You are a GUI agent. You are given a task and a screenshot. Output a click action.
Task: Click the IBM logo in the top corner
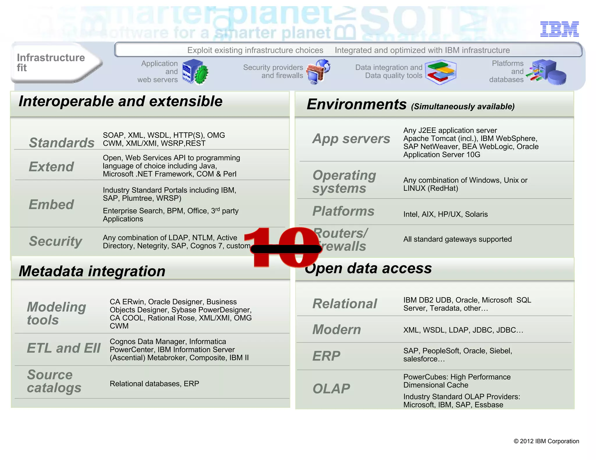(559, 29)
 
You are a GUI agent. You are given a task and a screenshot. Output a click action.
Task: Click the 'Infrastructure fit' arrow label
(51, 63)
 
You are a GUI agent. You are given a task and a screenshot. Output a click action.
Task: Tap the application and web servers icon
(195, 72)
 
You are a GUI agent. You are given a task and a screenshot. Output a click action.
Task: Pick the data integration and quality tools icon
(441, 72)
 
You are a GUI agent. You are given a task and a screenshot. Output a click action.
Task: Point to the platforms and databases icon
(548, 72)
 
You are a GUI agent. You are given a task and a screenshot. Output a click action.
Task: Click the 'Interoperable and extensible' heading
(120, 101)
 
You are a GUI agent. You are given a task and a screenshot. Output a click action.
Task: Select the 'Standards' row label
(62, 142)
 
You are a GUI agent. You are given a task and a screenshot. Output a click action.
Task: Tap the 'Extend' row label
(51, 167)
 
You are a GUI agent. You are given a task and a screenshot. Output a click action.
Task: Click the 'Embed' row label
(51, 204)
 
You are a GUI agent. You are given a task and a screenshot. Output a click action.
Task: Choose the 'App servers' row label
(351, 139)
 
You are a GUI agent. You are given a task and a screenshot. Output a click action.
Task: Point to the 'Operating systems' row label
(344, 182)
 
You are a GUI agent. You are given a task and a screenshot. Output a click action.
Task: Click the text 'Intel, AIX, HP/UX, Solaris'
(445, 214)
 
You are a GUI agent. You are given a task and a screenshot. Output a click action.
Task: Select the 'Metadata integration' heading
(92, 271)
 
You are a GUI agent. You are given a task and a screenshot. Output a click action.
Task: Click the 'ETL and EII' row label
(64, 348)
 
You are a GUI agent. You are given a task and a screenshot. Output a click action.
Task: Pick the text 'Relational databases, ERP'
(154, 384)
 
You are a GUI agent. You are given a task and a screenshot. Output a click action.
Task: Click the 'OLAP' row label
(331, 389)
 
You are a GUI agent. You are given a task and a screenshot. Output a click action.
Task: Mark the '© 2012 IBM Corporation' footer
(546, 441)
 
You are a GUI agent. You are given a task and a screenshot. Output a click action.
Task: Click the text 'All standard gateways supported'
(457, 239)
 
